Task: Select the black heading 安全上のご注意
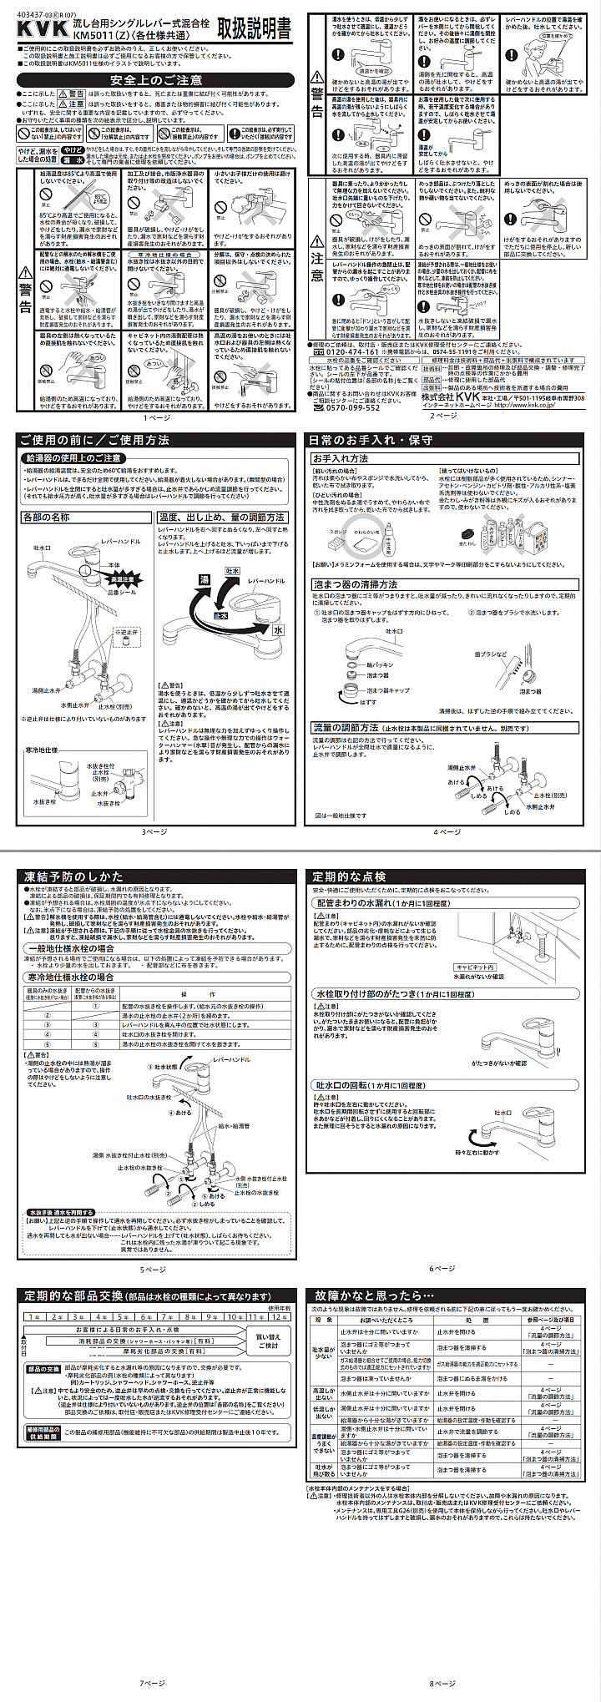tap(156, 80)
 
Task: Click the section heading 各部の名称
tap(48, 518)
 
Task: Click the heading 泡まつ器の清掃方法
tap(355, 584)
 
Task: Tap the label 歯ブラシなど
tap(491, 654)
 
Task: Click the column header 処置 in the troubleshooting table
tap(471, 1319)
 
